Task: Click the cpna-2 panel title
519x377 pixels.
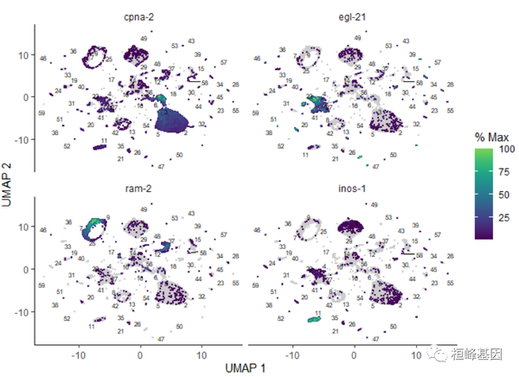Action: click(x=139, y=16)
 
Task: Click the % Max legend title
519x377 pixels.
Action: click(x=491, y=138)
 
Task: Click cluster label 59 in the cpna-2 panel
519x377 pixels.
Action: click(x=42, y=113)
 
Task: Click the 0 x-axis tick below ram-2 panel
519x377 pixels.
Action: click(x=140, y=355)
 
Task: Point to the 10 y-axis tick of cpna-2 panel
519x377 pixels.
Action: click(x=26, y=54)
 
